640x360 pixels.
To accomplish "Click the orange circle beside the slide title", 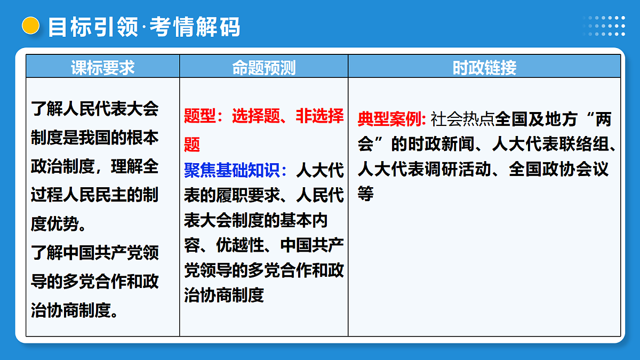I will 31,26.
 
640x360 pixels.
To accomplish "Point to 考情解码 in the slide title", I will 195,27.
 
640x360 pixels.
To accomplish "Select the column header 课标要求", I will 103,68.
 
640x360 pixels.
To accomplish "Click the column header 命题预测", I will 263,68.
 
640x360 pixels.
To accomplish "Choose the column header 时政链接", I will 484,68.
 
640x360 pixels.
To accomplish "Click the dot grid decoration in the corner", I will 604,26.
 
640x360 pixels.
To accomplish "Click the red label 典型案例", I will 389,119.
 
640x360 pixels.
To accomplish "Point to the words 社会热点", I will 463,119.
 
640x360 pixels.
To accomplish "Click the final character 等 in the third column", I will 365,194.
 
